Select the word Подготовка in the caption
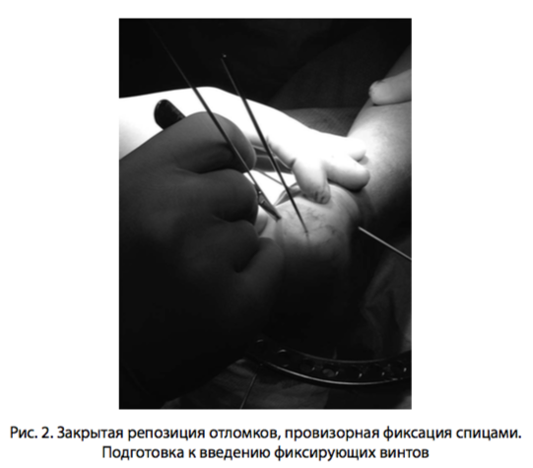pyautogui.click(x=142, y=453)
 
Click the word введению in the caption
pyautogui.click(x=233, y=453)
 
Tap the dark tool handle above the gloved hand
pyautogui.click(x=169, y=113)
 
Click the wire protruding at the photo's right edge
pyautogui.click(x=385, y=243)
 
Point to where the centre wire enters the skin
pyautogui.click(x=306, y=233)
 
